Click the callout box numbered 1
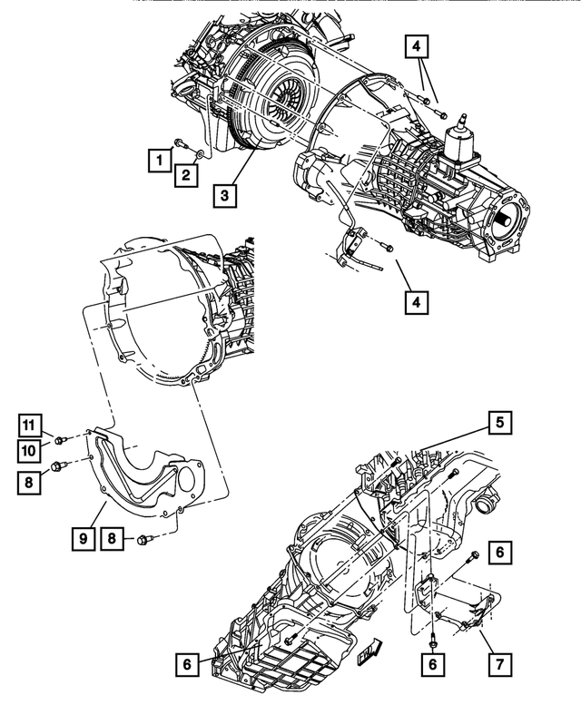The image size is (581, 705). (x=159, y=161)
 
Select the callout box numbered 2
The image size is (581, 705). (x=183, y=174)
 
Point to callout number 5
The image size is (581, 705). (x=498, y=422)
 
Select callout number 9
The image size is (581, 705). (x=83, y=538)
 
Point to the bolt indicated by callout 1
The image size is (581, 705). (x=179, y=142)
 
